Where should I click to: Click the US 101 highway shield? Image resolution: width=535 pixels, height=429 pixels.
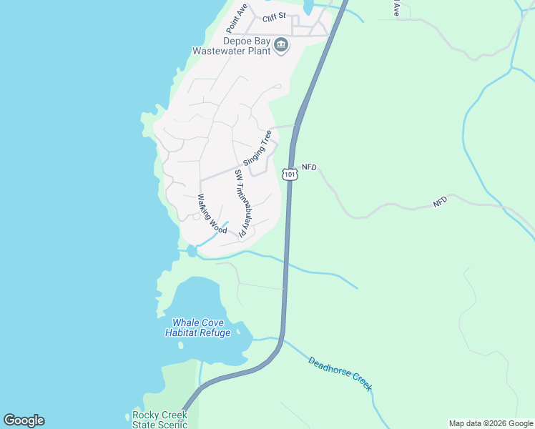tap(289, 174)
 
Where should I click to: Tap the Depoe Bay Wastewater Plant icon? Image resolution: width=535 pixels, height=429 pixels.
tap(281, 46)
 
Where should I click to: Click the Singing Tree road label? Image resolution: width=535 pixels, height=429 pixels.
tap(257, 147)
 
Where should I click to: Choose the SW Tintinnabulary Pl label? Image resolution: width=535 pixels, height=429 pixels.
tap(242, 203)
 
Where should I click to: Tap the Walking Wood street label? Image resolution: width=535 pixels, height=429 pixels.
tap(212, 213)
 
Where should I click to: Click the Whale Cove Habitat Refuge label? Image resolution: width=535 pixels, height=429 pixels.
tap(198, 328)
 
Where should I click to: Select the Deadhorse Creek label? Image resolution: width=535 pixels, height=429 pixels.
tap(340, 373)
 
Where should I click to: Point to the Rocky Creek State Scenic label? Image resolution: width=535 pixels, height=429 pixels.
tap(159, 420)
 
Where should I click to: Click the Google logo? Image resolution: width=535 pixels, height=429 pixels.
tap(24, 420)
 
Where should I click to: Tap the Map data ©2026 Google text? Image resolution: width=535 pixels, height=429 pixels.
tap(491, 423)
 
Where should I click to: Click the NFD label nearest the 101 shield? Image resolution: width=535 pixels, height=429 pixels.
tap(309, 167)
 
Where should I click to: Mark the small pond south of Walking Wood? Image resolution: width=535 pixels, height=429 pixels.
tap(192, 250)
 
